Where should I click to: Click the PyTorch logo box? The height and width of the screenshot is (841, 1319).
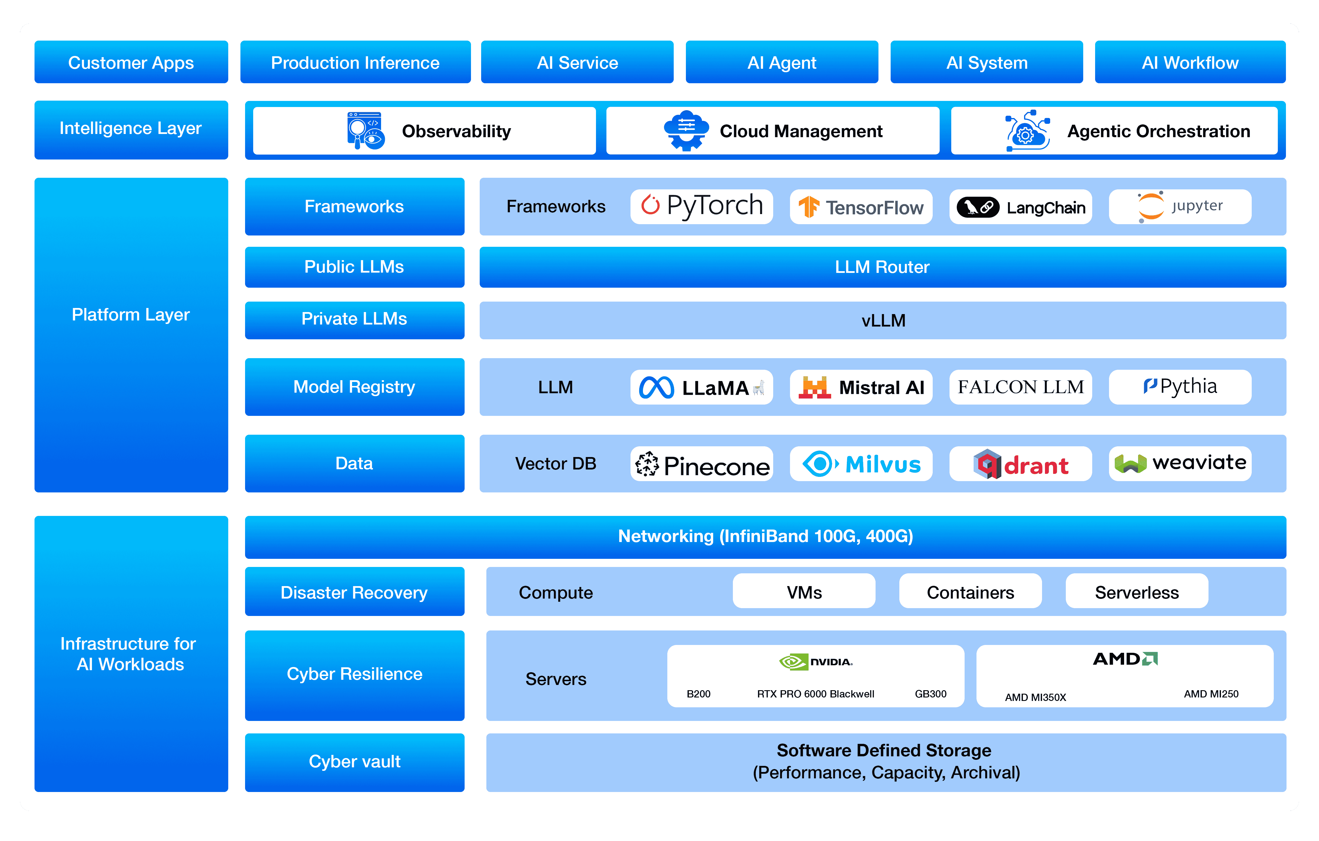coord(701,206)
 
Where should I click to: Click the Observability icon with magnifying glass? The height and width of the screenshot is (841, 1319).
coord(365,131)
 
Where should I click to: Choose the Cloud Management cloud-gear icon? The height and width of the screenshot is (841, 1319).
coord(686,131)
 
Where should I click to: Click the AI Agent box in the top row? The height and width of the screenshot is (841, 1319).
coord(782,62)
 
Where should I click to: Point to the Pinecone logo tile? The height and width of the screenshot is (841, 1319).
coord(701,464)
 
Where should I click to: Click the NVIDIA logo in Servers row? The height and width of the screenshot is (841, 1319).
coord(816,662)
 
